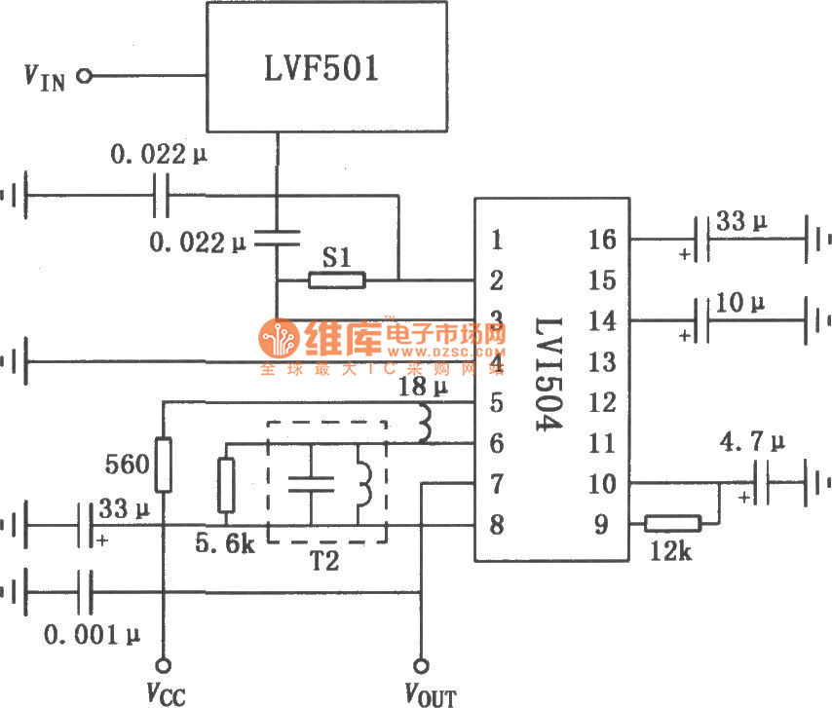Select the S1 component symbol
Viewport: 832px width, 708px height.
pos(337,280)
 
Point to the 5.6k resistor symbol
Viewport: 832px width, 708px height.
pos(226,484)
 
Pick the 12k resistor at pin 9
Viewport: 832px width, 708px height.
pos(672,524)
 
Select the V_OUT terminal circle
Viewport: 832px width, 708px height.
pos(421,666)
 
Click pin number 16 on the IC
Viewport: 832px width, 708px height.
pos(604,239)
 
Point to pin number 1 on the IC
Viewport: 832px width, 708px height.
pos(497,239)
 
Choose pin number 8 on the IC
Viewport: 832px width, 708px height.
pos(497,524)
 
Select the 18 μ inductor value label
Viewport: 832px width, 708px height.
pos(421,389)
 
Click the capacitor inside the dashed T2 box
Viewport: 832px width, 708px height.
pos(312,483)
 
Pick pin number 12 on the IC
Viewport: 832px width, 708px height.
pos(604,401)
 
